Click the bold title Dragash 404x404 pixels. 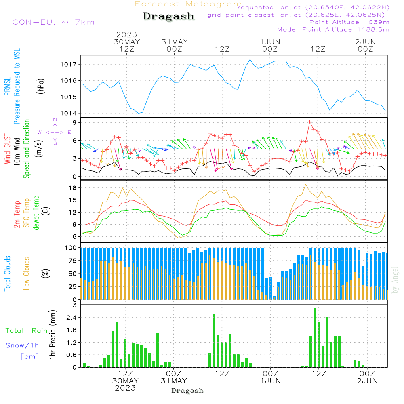pyautogui.click(x=168, y=17)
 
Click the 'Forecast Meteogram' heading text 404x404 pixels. pyautogui.click(x=188, y=4)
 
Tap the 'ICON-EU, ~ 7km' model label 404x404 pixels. pyautogui.click(x=52, y=22)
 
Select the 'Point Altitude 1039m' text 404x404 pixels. pyautogui.click(x=349, y=22)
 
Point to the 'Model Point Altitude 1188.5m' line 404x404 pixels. pyautogui.click(x=333, y=29)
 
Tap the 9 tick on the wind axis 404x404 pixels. pyautogui.click(x=75, y=122)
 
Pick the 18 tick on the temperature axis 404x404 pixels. pyautogui.click(x=73, y=188)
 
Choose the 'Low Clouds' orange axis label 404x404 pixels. pyautogui.click(x=27, y=273)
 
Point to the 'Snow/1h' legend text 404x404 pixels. pyautogui.click(x=23, y=345)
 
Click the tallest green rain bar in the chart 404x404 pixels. pyautogui.click(x=315, y=337)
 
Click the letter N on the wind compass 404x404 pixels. pyautogui.click(x=55, y=120)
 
